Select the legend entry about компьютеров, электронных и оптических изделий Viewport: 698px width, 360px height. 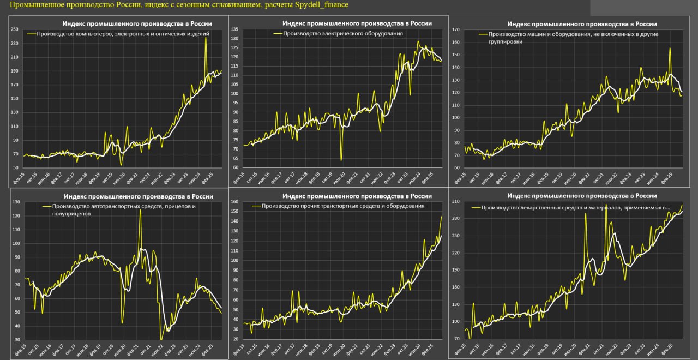[x=123, y=33]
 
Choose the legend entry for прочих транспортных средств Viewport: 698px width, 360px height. [x=343, y=206]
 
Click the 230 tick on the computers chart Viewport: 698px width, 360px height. [x=15, y=43]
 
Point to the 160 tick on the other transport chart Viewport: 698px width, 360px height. [x=235, y=202]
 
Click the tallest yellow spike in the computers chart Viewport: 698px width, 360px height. [x=206, y=38]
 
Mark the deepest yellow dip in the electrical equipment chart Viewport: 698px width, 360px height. [x=341, y=159]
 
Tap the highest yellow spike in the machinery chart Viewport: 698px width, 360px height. [x=670, y=49]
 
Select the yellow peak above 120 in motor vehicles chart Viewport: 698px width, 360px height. [x=140, y=211]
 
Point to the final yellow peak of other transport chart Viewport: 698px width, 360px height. [x=441, y=217]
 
